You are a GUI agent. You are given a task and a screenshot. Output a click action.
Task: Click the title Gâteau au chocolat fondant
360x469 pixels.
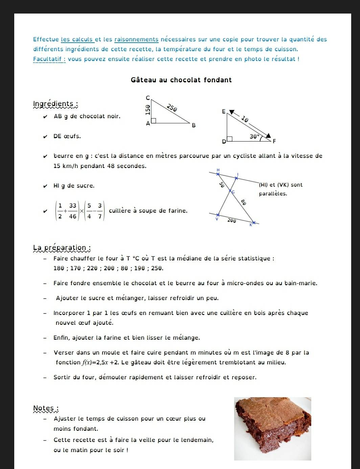(x=181, y=80)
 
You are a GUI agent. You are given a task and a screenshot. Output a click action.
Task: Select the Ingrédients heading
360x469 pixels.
(x=55, y=104)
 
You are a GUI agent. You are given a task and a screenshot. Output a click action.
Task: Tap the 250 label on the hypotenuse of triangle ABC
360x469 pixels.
(x=172, y=108)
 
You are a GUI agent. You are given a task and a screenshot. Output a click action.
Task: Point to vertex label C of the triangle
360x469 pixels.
(x=148, y=98)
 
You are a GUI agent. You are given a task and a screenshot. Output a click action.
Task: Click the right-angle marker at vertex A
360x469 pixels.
(x=154, y=121)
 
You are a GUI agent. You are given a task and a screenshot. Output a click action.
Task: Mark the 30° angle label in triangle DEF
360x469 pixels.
(x=254, y=136)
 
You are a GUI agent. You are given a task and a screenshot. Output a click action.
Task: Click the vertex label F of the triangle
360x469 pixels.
(x=274, y=141)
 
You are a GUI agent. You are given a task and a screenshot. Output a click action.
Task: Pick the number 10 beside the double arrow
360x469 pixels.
(x=245, y=119)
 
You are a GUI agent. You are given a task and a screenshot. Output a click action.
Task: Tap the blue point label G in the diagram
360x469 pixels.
(x=233, y=192)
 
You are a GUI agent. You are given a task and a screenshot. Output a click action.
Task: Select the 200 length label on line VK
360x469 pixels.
(x=232, y=220)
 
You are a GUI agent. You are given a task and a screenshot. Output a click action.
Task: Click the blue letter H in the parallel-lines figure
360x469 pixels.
(x=218, y=170)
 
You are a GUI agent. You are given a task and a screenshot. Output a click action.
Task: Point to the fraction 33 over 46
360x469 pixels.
(x=73, y=211)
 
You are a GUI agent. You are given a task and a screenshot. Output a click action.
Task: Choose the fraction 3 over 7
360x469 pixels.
(x=100, y=211)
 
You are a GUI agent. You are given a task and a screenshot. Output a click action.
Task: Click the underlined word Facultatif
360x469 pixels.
(x=49, y=59)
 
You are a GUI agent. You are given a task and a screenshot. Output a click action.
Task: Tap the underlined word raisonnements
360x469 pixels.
(x=136, y=39)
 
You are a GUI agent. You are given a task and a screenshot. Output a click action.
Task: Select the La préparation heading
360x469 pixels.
(x=62, y=248)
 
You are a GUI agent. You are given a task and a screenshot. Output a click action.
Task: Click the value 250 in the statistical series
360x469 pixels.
(x=157, y=268)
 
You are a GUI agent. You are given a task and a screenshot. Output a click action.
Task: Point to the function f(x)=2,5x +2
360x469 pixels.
(x=100, y=362)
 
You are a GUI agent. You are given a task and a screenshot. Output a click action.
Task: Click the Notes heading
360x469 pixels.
(x=46, y=408)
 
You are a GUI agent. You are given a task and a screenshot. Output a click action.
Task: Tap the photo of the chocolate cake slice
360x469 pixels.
(x=272, y=429)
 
